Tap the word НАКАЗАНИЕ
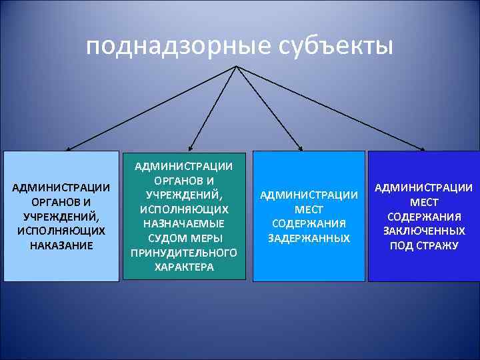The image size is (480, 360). (x=61, y=245)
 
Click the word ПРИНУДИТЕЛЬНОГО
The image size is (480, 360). (x=184, y=253)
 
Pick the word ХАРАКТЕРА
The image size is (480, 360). (x=184, y=267)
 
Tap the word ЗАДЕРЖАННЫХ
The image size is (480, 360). (x=309, y=238)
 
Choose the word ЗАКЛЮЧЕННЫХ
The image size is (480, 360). (x=423, y=231)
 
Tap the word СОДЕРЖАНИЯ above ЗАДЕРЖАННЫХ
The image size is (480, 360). (x=309, y=223)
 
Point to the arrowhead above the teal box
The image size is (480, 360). (x=190, y=147)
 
